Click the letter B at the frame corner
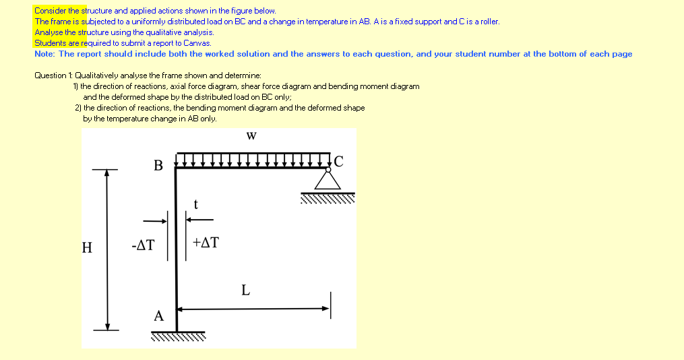click(158, 165)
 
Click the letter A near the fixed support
click(158, 316)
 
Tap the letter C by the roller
click(338, 160)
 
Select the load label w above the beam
click(251, 136)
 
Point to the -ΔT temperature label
click(143, 245)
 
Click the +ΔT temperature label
click(206, 243)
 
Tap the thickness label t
click(195, 204)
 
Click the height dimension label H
click(87, 247)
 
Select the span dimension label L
click(245, 291)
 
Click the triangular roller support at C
click(328, 180)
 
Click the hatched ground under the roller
click(328, 198)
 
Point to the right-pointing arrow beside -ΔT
click(155, 220)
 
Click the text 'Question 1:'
click(53, 76)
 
